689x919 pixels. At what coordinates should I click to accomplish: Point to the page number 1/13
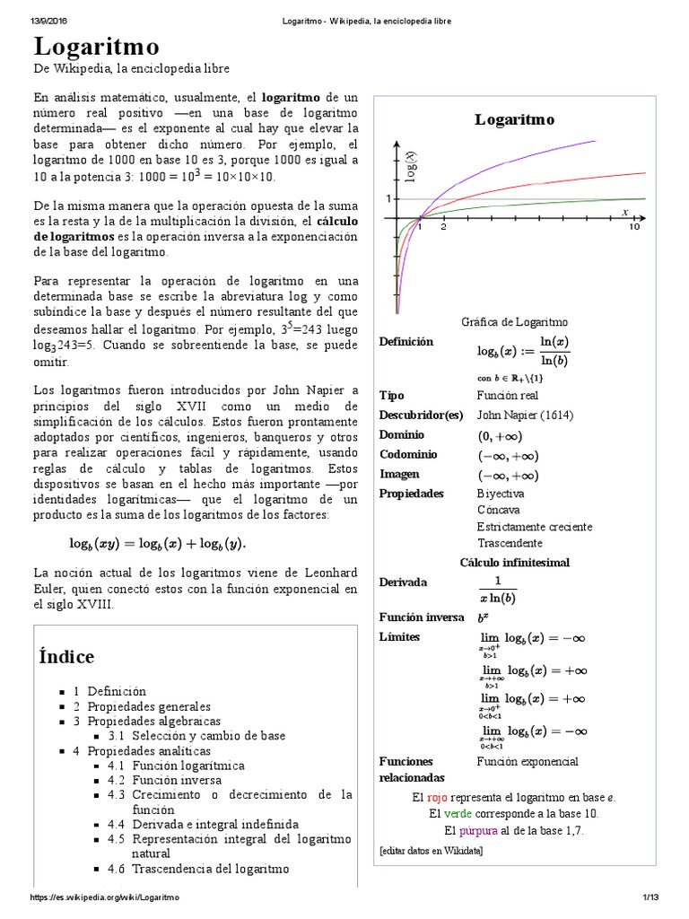point(650,898)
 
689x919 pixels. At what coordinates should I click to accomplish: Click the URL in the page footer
point(106,898)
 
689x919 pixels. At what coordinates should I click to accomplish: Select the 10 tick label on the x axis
point(634,228)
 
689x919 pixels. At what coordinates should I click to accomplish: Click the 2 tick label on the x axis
point(443,228)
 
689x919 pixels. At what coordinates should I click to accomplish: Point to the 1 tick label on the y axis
point(388,197)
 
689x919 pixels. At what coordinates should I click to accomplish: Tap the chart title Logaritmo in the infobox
point(514,119)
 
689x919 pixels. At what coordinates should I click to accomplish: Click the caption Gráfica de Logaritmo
point(514,322)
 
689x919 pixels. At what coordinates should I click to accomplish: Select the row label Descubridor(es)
point(421,415)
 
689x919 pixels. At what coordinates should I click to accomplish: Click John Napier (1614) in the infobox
point(525,415)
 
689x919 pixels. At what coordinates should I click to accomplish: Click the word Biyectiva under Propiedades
point(501,494)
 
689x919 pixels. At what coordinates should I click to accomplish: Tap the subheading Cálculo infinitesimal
point(514,562)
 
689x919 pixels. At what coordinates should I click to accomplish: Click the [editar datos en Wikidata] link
point(431,850)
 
